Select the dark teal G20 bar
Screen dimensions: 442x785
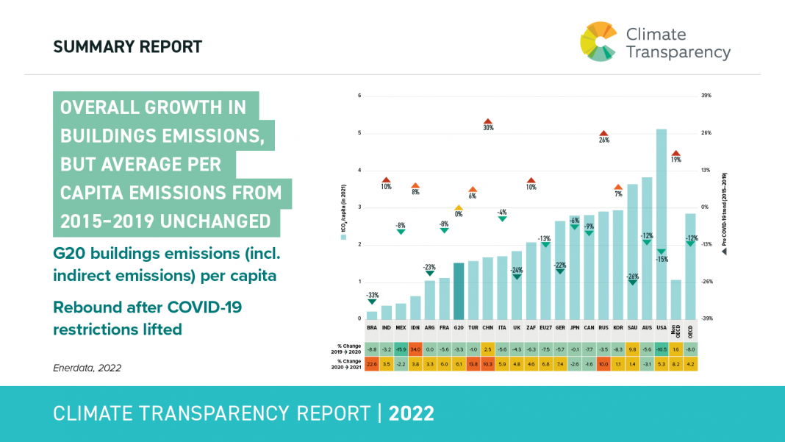(459, 290)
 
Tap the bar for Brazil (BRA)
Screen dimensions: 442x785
(372, 315)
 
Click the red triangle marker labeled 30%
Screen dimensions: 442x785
(487, 121)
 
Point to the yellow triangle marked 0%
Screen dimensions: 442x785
(459, 208)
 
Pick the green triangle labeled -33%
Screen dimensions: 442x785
(372, 301)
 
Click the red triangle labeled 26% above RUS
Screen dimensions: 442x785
(604, 134)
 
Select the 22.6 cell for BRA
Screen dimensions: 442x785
(372, 363)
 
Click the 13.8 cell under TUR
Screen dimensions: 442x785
(473, 363)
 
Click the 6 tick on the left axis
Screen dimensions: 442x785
(359, 96)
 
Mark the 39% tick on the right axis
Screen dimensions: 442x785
(706, 96)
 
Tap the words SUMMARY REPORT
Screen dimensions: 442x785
(127, 47)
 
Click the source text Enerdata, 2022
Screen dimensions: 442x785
(87, 367)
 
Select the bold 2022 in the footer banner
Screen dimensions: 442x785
(412, 413)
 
